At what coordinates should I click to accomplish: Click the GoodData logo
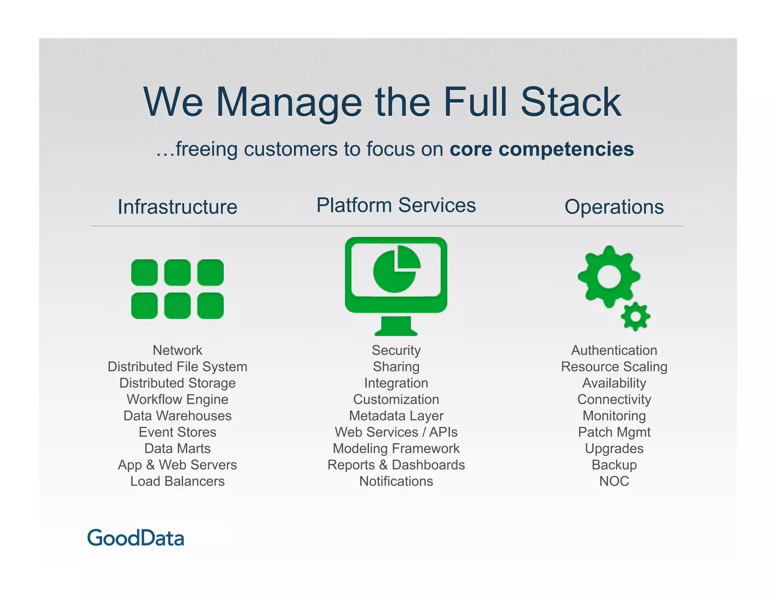coord(136,538)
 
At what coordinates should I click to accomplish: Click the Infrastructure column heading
coord(177,207)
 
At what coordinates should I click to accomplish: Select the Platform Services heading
coord(396,205)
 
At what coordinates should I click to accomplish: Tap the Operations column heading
coord(614,207)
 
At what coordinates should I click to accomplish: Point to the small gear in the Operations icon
coord(635,316)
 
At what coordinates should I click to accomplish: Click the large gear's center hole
coord(609,276)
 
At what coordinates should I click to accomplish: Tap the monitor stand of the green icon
coord(396,326)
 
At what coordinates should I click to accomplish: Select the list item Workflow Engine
coord(177,399)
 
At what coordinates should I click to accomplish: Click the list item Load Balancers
coord(177,481)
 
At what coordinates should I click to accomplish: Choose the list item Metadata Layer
coord(396,416)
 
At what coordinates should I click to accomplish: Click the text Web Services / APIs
coord(396,432)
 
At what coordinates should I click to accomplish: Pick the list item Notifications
coord(396,481)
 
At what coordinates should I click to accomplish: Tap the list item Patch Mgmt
coord(614,432)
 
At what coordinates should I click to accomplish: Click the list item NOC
coord(614,481)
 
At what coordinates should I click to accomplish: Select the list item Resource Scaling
coord(614,367)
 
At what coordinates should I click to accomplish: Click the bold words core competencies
coord(541,149)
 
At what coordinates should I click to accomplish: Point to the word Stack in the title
coord(571,102)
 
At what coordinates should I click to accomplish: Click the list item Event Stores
coord(177,432)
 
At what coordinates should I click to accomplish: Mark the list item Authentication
coord(614,350)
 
